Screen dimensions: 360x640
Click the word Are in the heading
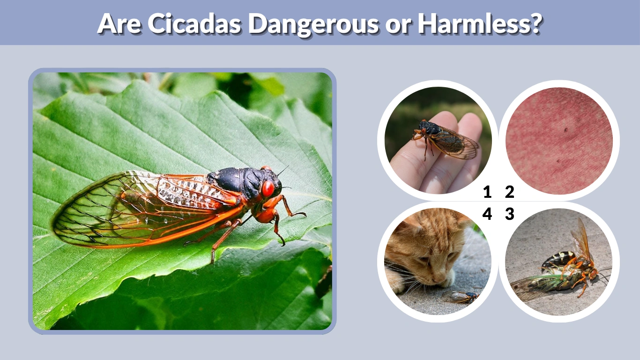tap(119, 23)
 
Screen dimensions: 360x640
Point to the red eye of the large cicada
tap(268, 188)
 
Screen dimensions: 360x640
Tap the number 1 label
tap(487, 192)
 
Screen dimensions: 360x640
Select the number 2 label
tap(510, 192)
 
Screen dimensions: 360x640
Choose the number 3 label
tap(510, 214)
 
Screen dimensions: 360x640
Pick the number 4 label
tap(487, 214)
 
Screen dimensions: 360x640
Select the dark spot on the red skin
tap(566, 130)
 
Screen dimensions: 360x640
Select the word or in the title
tap(397, 23)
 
